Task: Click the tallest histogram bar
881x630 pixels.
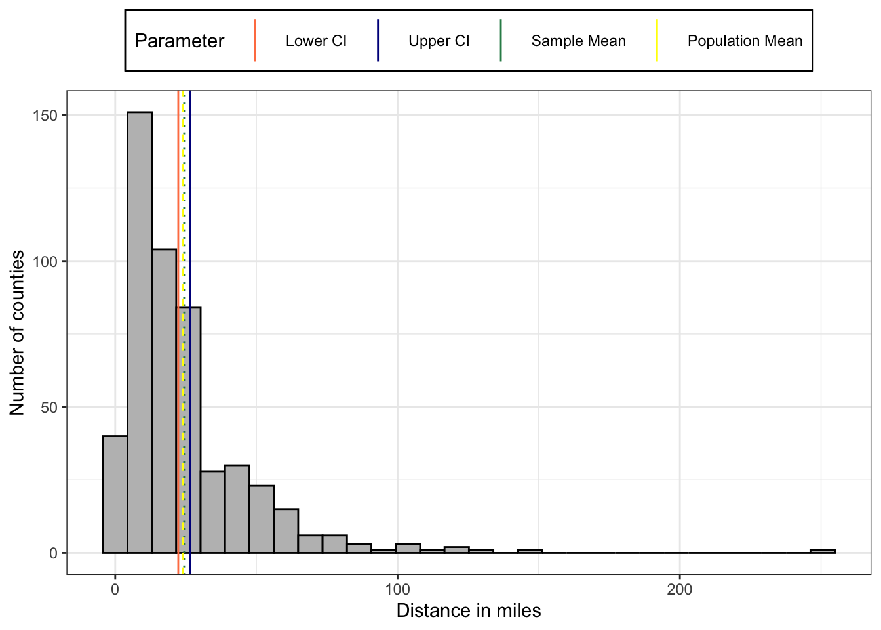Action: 140,332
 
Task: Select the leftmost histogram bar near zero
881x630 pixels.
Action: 115,494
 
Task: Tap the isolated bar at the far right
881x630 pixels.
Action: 822,551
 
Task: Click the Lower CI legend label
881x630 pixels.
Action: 316,41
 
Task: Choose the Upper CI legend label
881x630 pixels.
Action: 439,41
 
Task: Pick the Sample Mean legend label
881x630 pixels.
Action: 578,41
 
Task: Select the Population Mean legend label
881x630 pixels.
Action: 745,41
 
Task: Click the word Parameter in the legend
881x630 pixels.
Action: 179,41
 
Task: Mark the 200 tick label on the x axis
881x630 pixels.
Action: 679,589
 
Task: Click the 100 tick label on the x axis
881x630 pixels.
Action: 397,589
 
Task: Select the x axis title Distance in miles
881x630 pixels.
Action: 469,611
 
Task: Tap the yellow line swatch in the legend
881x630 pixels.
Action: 657,41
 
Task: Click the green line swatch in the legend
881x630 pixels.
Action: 501,41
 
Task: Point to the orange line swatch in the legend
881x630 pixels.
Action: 255,41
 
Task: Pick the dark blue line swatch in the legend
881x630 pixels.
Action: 378,41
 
